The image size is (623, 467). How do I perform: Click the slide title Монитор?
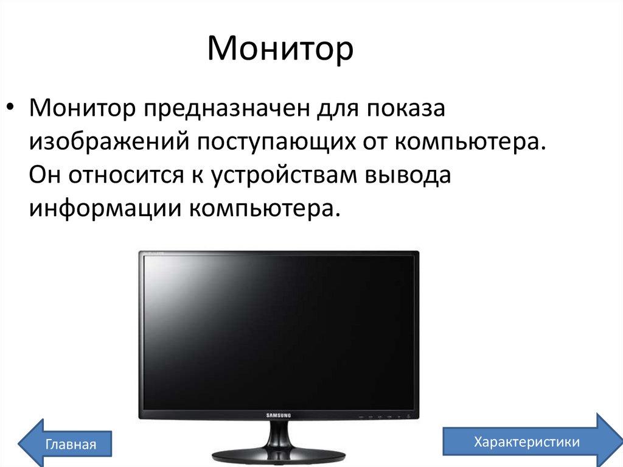click(x=280, y=50)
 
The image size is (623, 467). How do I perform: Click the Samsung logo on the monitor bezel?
click(x=279, y=415)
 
